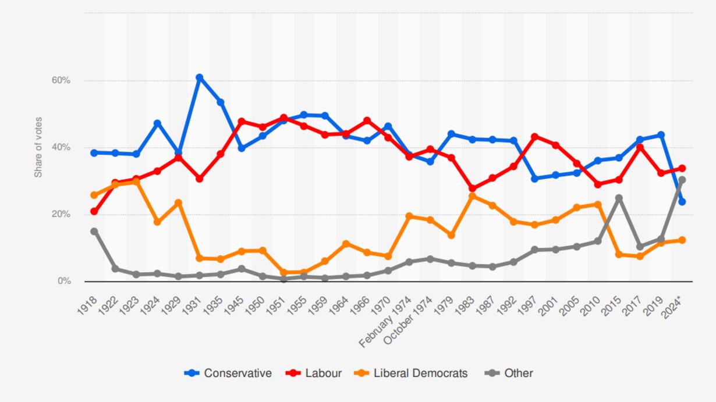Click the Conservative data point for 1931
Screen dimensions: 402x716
pos(199,77)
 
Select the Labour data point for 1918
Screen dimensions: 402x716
pos(94,211)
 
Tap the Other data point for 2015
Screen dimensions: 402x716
pos(619,198)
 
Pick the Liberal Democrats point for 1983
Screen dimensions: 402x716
pos(472,196)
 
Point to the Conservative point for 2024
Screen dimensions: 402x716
pos(682,201)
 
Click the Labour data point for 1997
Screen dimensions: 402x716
pos(535,137)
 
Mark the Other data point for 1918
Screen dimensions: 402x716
pos(94,232)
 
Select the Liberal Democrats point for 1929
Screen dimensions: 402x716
pos(178,203)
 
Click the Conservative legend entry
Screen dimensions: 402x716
pos(228,373)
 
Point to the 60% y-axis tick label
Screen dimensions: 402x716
pos(61,80)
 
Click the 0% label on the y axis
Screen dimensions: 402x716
pos(64,281)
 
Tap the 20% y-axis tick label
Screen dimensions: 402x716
pos(61,214)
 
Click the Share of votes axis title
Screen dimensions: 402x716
pos(38,148)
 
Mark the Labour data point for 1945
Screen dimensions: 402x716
pos(242,122)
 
